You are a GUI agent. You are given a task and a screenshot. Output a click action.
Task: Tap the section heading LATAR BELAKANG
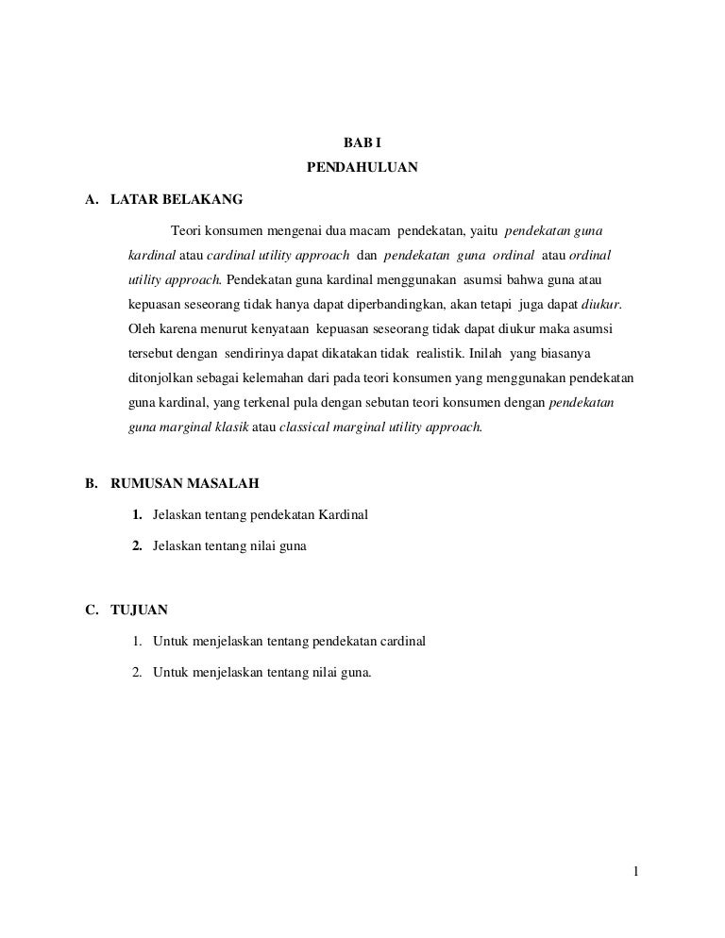click(177, 200)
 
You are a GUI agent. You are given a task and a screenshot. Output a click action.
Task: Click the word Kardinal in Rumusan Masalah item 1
click(340, 514)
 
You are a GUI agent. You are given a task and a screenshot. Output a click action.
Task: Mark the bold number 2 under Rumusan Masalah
click(137, 546)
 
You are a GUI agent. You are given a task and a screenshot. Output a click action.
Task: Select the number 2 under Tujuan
click(137, 673)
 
